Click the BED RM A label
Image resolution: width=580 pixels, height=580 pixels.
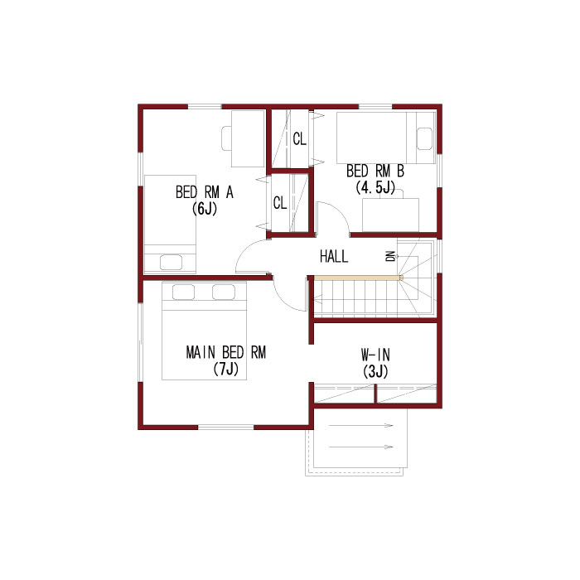point(205,192)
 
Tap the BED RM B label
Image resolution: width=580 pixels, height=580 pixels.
point(375,172)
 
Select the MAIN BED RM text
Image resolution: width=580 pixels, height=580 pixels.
point(226,352)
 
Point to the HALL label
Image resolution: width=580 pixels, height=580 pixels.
point(334,256)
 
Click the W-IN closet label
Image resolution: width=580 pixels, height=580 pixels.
point(375,355)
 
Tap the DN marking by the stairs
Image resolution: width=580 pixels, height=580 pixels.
point(390,256)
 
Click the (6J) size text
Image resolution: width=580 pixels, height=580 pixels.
point(205,209)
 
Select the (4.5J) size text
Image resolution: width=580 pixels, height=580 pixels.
point(375,187)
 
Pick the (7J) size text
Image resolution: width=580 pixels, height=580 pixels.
point(226,369)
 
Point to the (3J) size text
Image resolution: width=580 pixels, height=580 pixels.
point(375,371)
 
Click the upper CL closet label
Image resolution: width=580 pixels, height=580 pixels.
point(300,139)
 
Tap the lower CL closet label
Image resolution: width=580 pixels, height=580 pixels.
point(280,203)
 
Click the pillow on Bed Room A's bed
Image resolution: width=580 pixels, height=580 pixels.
point(171,263)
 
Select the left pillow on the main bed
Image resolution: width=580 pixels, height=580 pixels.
point(183,292)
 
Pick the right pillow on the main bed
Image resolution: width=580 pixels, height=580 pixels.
point(224,292)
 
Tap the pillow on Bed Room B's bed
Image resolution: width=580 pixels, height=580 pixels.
point(424,138)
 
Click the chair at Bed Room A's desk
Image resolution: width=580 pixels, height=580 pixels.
point(227,138)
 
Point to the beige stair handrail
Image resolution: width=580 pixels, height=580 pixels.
point(358,278)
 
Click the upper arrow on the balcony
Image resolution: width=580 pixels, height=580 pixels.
point(360,425)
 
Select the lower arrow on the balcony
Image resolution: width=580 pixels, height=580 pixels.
point(360,447)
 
